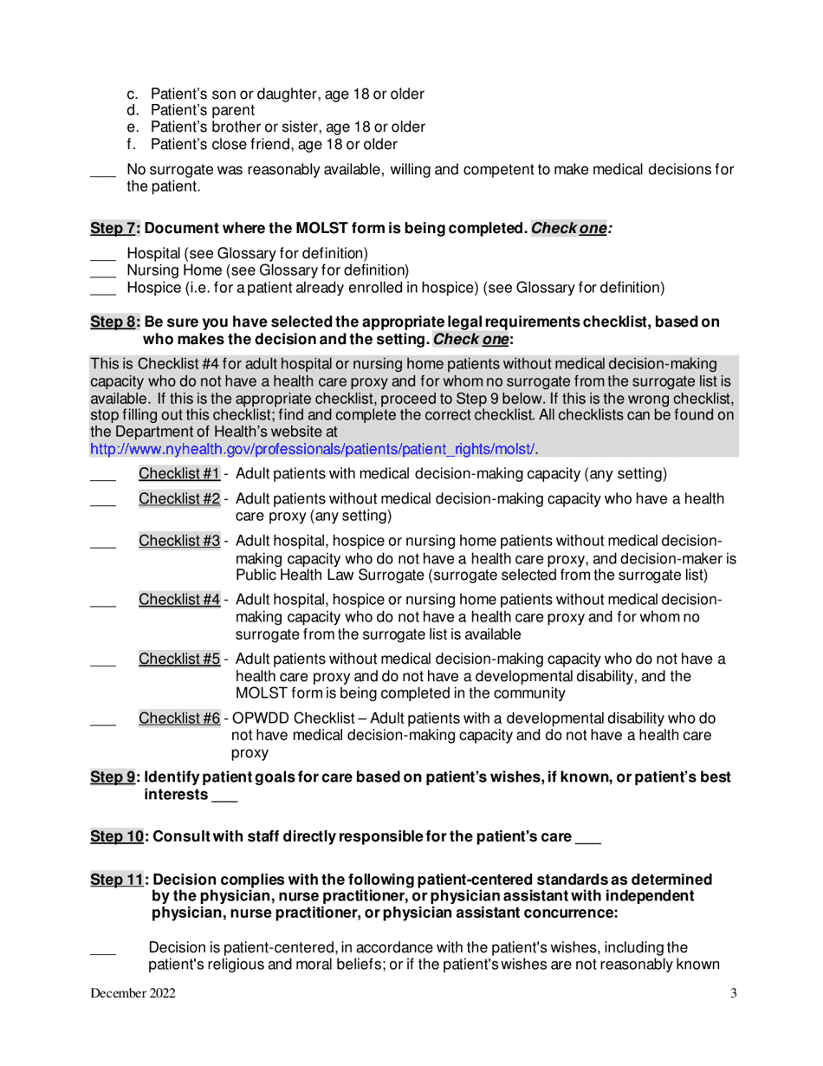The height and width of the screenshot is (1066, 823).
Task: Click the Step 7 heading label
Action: pos(115,229)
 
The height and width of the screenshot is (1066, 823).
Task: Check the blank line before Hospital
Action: pos(102,256)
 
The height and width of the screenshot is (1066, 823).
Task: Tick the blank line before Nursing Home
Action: pos(102,272)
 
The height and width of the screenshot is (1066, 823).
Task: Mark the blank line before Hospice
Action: pos(102,289)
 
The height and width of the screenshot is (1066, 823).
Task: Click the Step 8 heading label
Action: pos(115,322)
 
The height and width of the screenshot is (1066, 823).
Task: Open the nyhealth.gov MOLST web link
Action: pos(313,449)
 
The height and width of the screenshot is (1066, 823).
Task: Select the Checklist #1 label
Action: pos(179,474)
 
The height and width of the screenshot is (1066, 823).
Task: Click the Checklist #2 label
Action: pos(179,499)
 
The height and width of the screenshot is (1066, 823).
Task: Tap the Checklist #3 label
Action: pos(179,542)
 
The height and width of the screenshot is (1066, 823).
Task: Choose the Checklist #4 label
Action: pos(179,600)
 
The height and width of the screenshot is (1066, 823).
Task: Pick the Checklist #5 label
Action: pos(179,659)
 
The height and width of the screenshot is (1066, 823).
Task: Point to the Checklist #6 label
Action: pos(179,718)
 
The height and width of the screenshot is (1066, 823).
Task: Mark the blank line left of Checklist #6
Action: pos(102,721)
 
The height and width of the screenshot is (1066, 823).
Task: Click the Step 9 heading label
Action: pos(115,777)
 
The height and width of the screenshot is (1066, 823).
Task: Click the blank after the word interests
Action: pos(224,796)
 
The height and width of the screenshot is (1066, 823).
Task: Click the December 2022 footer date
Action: pos(133,994)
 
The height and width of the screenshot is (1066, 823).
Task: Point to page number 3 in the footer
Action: pos(733,994)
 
